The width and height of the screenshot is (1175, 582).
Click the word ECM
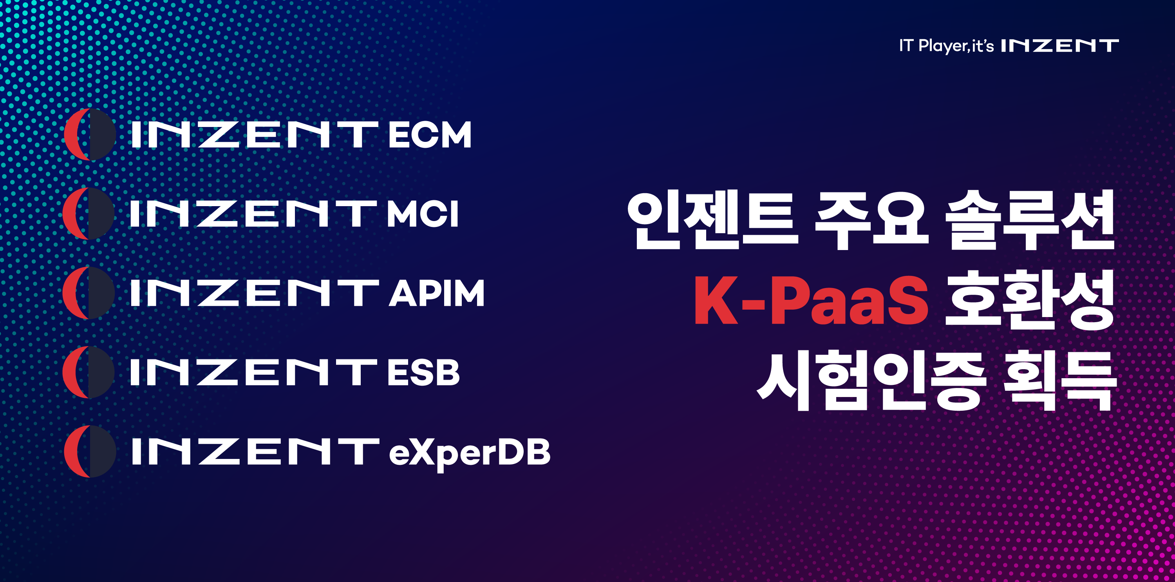click(x=430, y=135)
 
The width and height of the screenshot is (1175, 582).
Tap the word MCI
click(x=422, y=214)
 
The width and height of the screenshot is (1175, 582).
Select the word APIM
click(x=437, y=293)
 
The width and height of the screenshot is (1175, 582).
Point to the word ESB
click(x=423, y=372)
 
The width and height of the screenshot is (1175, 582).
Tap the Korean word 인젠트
click(x=713, y=220)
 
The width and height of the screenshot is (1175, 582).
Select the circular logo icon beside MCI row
click(x=89, y=214)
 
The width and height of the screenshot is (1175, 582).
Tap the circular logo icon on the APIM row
click(x=89, y=293)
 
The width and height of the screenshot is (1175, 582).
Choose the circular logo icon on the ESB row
click(x=89, y=372)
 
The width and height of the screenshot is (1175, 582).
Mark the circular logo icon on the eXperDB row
click(x=90, y=451)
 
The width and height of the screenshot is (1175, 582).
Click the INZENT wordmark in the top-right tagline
click(x=1059, y=45)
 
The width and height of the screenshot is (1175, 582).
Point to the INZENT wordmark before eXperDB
click(x=255, y=451)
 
